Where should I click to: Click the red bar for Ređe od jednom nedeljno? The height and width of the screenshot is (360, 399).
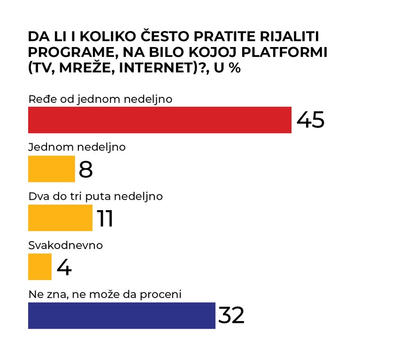click(x=160, y=120)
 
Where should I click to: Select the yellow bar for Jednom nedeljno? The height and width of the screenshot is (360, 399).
click(x=52, y=169)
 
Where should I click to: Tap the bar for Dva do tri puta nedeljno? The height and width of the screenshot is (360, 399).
click(x=60, y=218)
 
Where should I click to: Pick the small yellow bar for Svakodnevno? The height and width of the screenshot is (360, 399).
click(x=40, y=266)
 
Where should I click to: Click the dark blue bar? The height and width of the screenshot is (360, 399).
click(x=122, y=315)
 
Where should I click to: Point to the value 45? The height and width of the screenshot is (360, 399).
click(x=310, y=120)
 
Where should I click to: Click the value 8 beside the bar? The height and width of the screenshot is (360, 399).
click(x=86, y=169)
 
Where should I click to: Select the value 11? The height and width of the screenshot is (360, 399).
click(x=105, y=218)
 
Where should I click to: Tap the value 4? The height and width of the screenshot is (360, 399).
click(x=64, y=267)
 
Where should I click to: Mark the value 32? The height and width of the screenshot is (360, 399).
click(x=231, y=315)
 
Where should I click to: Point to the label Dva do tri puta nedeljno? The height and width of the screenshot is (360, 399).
click(x=95, y=196)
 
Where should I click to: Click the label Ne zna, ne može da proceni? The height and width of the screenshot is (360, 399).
click(x=105, y=294)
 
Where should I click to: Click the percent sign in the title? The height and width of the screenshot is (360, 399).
click(x=234, y=68)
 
